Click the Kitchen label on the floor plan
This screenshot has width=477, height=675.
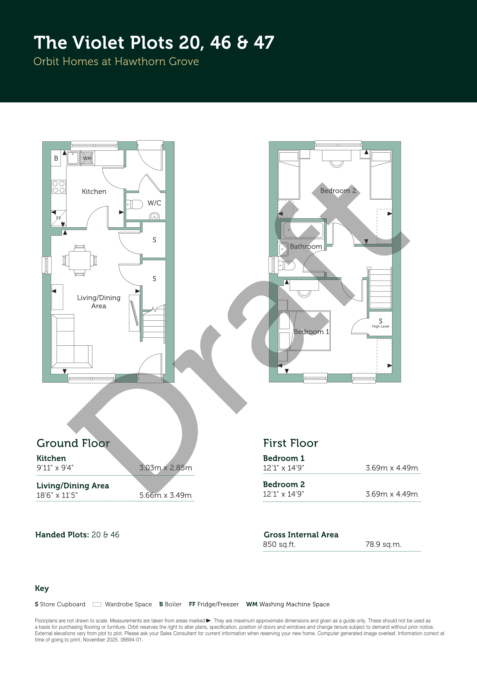(94, 192)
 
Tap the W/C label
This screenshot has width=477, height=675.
(154, 203)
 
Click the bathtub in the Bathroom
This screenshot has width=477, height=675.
(303, 230)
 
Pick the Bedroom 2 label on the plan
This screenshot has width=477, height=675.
(338, 191)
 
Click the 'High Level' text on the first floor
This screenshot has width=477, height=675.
(381, 326)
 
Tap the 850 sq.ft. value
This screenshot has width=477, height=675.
(279, 544)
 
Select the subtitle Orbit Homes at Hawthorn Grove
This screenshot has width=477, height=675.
(116, 61)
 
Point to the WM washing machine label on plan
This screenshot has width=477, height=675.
(87, 158)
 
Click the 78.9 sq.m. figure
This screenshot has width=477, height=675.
(383, 544)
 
